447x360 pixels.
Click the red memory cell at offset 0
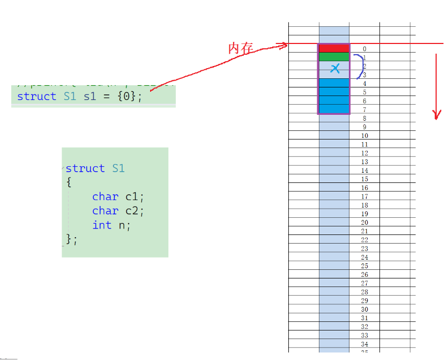tap(334, 48)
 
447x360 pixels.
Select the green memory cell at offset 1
tap(334, 57)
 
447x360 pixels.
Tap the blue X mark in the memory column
tap(335, 68)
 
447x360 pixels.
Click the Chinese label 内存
tap(240, 49)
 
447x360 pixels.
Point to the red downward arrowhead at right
tap(437, 114)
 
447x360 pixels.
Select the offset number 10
tap(364, 136)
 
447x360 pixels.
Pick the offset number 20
tap(364, 223)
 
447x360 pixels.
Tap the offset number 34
tap(364, 344)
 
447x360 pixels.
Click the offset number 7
tap(364, 110)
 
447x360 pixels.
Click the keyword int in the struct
tap(102, 225)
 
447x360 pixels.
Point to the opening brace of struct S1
tap(69, 182)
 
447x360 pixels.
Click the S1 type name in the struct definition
tap(118, 168)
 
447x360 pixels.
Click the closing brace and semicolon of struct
tap(71, 239)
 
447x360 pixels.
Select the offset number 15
tap(364, 179)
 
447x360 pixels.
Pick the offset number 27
tap(364, 283)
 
